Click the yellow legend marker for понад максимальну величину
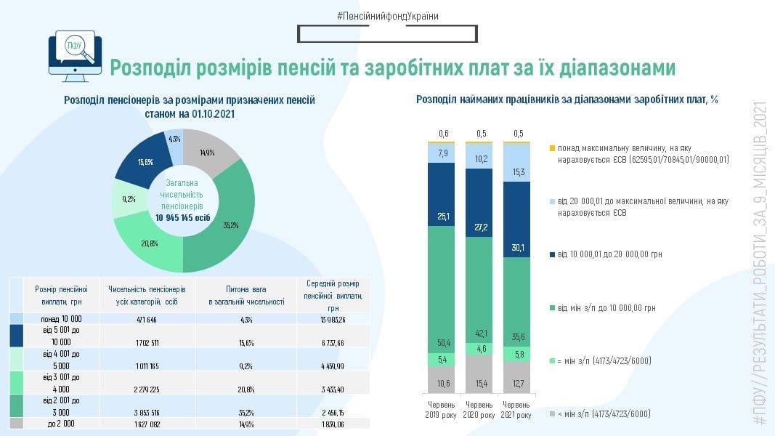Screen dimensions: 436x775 click(552, 148)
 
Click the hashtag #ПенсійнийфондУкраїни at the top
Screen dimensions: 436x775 click(387, 15)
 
